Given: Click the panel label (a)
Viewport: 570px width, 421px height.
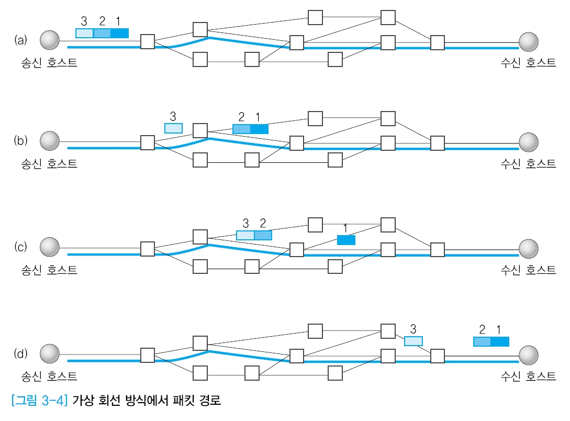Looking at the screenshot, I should click(20, 40).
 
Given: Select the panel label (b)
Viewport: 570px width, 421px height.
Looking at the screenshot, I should click(20, 141).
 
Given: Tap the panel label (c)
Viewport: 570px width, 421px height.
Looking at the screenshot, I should click(20, 247).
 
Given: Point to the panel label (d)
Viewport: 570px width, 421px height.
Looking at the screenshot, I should click(20, 353).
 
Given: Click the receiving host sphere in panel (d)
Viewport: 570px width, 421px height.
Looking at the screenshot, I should click(529, 354).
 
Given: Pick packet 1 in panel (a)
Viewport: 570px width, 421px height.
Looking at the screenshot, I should click(119, 34).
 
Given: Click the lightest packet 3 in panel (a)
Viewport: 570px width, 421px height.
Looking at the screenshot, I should click(85, 34).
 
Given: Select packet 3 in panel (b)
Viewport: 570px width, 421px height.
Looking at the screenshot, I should click(173, 128).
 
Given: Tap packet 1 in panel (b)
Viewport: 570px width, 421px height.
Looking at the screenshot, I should click(259, 129).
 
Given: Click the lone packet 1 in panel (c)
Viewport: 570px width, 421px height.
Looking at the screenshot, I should click(346, 240).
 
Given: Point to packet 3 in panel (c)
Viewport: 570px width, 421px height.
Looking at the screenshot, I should click(245, 235).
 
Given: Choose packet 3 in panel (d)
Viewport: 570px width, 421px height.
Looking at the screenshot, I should click(413, 341).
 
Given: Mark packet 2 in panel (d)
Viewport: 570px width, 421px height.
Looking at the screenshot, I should click(482, 341).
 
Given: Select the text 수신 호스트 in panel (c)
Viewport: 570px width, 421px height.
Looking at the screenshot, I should click(528, 270).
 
